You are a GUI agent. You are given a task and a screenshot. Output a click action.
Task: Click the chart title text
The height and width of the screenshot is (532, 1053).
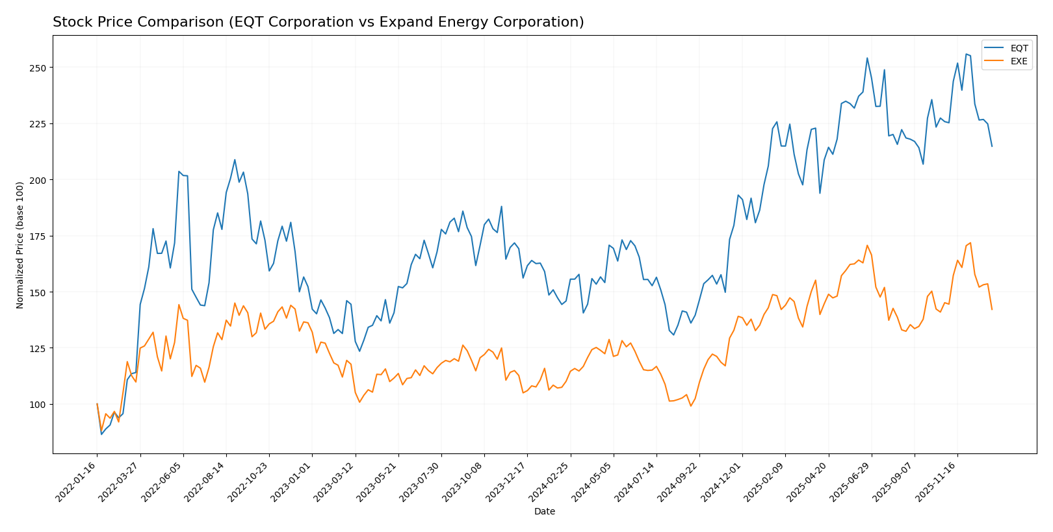[x=318, y=22]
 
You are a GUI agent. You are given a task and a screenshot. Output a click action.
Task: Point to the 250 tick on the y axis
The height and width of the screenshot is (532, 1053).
[x=38, y=68]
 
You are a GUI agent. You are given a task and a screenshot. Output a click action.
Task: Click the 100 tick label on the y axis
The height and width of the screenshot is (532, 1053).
[x=38, y=405]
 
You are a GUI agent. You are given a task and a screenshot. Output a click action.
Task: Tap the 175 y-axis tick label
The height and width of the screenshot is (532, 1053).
[x=38, y=236]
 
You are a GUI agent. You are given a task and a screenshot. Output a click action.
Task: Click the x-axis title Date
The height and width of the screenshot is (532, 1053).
[x=544, y=512]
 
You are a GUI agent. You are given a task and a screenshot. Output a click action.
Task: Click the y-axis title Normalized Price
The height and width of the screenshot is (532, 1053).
[x=20, y=245]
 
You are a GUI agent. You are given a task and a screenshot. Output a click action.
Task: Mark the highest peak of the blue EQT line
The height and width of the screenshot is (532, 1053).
[x=966, y=54]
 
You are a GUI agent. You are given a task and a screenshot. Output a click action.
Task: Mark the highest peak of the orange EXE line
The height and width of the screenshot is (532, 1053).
[x=970, y=243]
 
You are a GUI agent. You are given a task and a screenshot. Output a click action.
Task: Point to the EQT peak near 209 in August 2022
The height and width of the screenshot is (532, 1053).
[x=235, y=160]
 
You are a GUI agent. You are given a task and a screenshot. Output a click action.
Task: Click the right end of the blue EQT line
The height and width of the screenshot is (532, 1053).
[x=992, y=146]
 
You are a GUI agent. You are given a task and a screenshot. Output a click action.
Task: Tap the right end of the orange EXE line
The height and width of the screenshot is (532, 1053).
[x=992, y=309]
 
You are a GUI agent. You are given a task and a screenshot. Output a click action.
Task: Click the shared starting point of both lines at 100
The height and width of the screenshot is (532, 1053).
[x=97, y=404]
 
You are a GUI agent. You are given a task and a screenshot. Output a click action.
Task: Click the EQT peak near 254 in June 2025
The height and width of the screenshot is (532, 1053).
[x=867, y=58]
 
